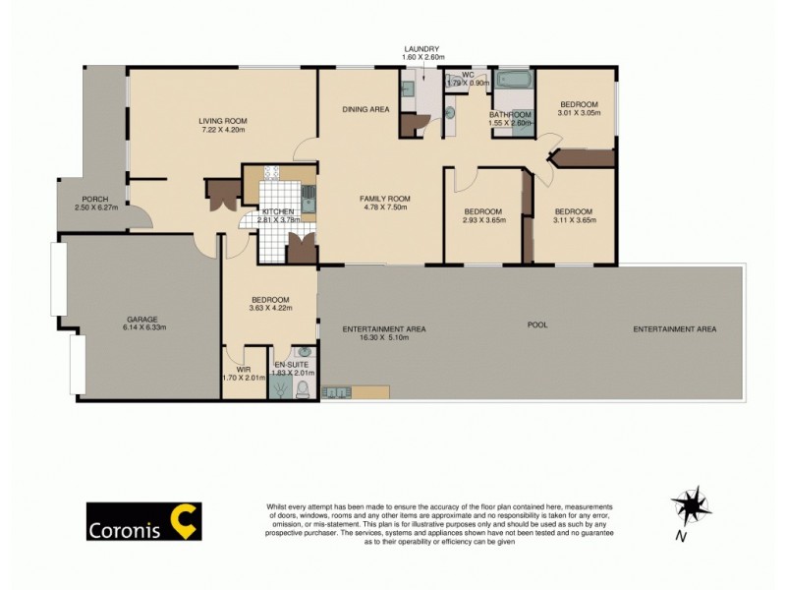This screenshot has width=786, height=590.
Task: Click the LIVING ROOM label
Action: [x=224, y=121]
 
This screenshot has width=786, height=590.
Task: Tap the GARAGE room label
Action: [x=142, y=319]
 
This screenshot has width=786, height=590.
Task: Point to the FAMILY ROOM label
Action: [x=384, y=199]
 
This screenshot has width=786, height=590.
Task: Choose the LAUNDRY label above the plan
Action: [x=421, y=49]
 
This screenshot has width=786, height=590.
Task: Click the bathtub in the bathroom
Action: [x=511, y=80]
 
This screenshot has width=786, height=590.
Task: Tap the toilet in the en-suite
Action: [x=303, y=392]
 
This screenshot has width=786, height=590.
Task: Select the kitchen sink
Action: [x=308, y=203]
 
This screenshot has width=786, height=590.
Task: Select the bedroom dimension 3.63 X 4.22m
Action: [x=269, y=309]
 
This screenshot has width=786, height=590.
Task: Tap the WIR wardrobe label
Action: [x=243, y=370]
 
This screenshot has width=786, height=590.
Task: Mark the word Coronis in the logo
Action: [x=125, y=522]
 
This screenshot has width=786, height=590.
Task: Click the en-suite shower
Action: [x=279, y=388]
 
